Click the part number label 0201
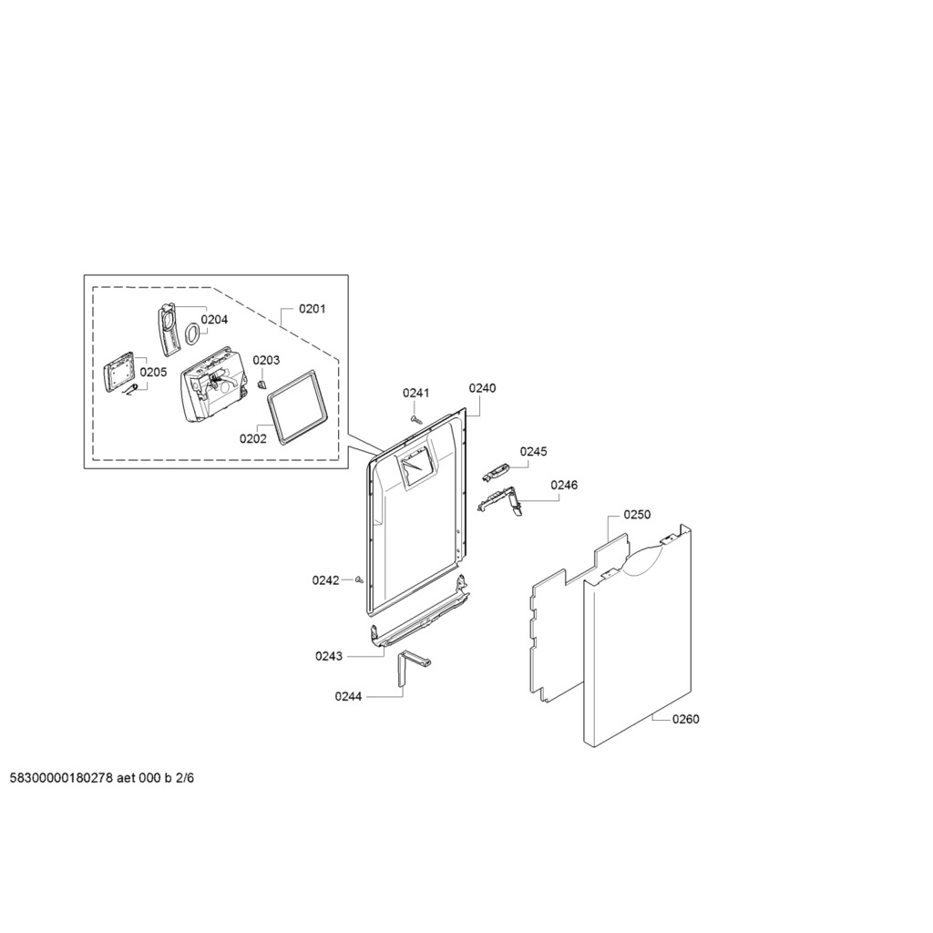click(x=312, y=309)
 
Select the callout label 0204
click(x=214, y=320)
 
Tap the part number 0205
click(x=153, y=372)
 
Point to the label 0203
click(x=266, y=360)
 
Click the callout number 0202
click(x=253, y=438)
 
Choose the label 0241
click(x=415, y=393)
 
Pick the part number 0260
click(x=685, y=720)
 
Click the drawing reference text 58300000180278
click(x=62, y=778)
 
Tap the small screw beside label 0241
click(x=415, y=419)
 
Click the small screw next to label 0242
click(x=359, y=579)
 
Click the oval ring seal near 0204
click(x=192, y=333)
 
